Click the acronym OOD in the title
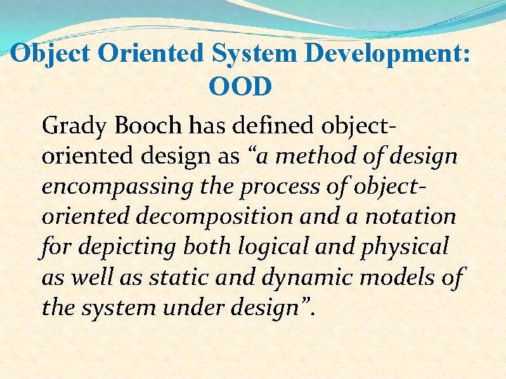coord(240,87)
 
